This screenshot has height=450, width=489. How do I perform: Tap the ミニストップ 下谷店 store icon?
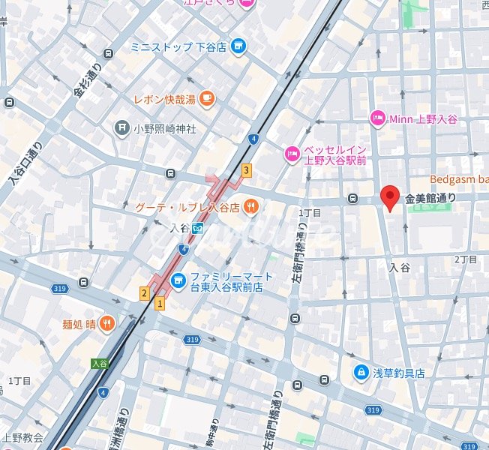[x=238, y=46]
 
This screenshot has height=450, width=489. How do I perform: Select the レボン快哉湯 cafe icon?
[x=206, y=98]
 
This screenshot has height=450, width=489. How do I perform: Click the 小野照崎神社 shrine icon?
[x=121, y=128]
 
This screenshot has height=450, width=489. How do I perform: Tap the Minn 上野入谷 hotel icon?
[x=377, y=118]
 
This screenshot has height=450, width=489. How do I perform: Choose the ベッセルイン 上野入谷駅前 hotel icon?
[x=290, y=154]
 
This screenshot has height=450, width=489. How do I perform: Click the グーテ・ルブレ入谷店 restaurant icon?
[x=250, y=207]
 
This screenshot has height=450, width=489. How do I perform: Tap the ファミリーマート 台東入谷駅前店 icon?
[x=178, y=281]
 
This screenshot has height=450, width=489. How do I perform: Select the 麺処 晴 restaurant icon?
[x=107, y=325]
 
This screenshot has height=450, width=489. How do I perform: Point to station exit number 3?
[x=246, y=170]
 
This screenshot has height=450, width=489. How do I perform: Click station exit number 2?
[x=143, y=292]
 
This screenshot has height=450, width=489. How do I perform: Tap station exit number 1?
[x=159, y=303]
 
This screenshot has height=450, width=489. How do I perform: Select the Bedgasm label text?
[x=458, y=179]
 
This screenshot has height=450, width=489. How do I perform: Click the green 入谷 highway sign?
[x=99, y=363]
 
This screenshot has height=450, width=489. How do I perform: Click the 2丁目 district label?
[x=466, y=259]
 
